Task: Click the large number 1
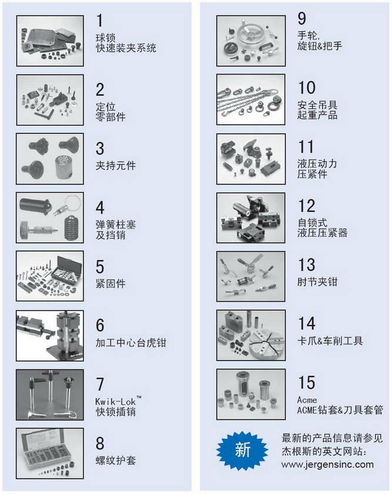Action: point(99,21)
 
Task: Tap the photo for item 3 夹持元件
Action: point(50,159)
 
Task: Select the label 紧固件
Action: point(110,283)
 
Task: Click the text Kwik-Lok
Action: point(116,401)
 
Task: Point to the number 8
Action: point(100,443)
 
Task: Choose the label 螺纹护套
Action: point(116,460)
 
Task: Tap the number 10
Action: point(306,87)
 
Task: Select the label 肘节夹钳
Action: point(317,281)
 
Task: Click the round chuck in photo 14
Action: point(267,343)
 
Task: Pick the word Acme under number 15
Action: point(307,400)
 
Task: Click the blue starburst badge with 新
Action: point(243,449)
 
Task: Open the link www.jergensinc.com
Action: point(327,465)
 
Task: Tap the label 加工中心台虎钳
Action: point(130,342)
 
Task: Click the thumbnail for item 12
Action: point(250,218)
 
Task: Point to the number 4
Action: point(100,208)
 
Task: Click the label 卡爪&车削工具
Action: point(330,341)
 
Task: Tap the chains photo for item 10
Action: point(250,99)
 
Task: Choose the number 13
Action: point(306,265)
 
